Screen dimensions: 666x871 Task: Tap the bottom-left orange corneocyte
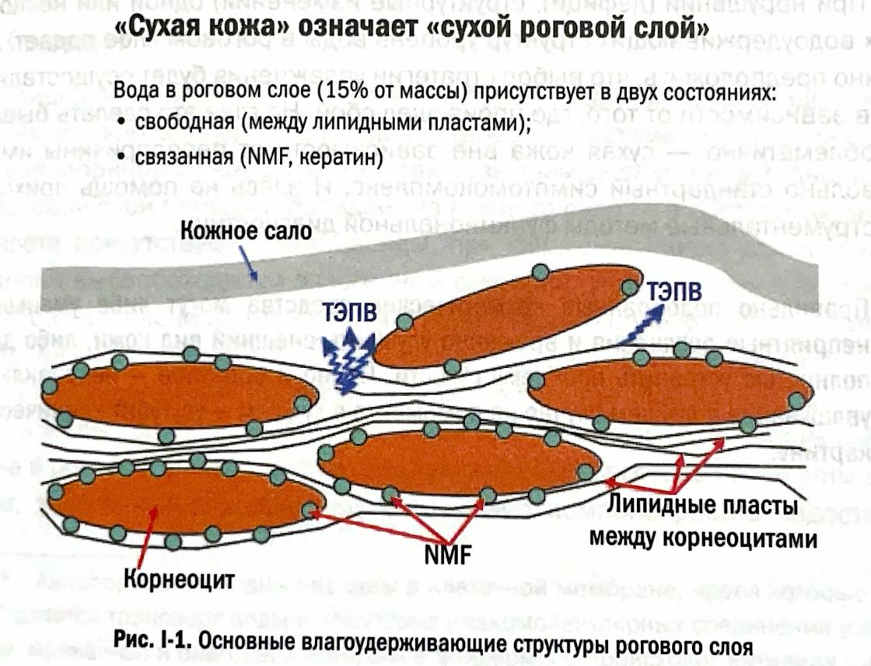[x=185, y=500]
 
